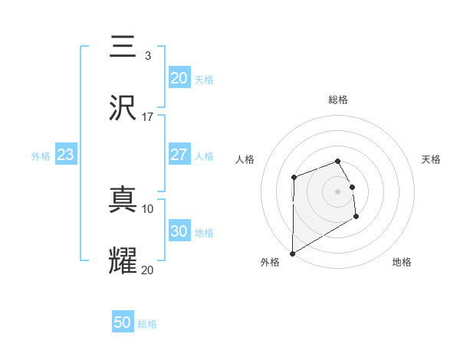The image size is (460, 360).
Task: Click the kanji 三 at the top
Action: [x=123, y=47]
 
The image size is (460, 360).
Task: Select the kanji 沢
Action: [x=123, y=109]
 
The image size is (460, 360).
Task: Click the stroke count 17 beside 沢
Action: [x=148, y=117]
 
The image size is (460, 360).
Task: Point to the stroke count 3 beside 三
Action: [x=148, y=56]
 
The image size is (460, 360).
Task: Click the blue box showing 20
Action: [x=179, y=78]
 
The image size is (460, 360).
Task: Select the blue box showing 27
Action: [x=179, y=155]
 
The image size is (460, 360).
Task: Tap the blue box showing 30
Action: [x=179, y=231]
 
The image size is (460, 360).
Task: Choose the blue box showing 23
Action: [x=66, y=155]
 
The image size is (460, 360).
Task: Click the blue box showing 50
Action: [x=123, y=322]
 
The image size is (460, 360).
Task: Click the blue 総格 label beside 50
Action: [x=147, y=324]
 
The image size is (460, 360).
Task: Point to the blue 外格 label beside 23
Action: [x=41, y=156]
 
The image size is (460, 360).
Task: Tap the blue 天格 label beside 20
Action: [x=204, y=80]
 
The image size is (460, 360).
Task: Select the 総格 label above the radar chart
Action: [x=338, y=100]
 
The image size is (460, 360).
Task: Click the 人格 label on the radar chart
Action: [x=245, y=159]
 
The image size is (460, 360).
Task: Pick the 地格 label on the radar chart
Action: [x=402, y=262]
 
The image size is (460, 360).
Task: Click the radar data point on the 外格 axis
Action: [x=292, y=253]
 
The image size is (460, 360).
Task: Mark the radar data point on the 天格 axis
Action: [x=353, y=187]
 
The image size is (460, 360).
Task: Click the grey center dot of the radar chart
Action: [x=338, y=191]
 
